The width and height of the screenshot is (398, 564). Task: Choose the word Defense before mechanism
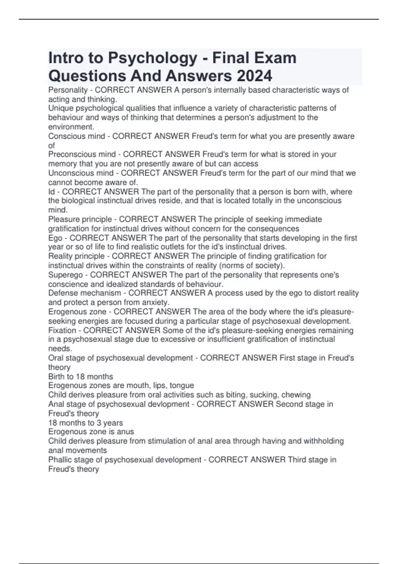point(62,293)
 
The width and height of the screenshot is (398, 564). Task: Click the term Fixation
point(62,330)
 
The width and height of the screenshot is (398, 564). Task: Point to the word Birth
point(56,377)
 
